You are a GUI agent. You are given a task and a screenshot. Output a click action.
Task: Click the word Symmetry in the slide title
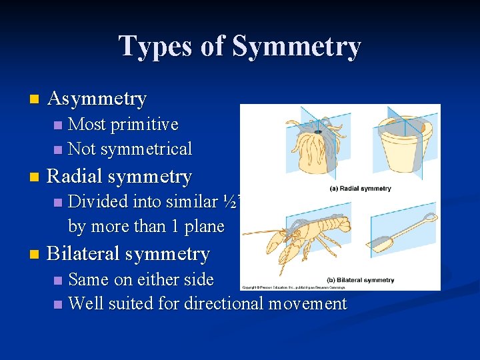point(296,47)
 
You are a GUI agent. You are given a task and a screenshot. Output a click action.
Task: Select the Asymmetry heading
point(97,99)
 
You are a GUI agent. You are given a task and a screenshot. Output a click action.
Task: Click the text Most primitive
point(123,125)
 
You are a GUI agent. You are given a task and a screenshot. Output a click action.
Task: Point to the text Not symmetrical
point(130,149)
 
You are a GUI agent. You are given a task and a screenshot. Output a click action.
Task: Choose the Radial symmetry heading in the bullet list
point(119,177)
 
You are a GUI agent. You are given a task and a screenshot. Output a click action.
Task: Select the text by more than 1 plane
point(146,227)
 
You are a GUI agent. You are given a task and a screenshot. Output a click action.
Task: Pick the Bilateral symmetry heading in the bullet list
point(129,254)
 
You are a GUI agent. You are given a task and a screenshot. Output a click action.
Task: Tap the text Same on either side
point(141,279)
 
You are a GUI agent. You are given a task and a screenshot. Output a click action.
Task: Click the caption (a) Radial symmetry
point(360,189)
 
